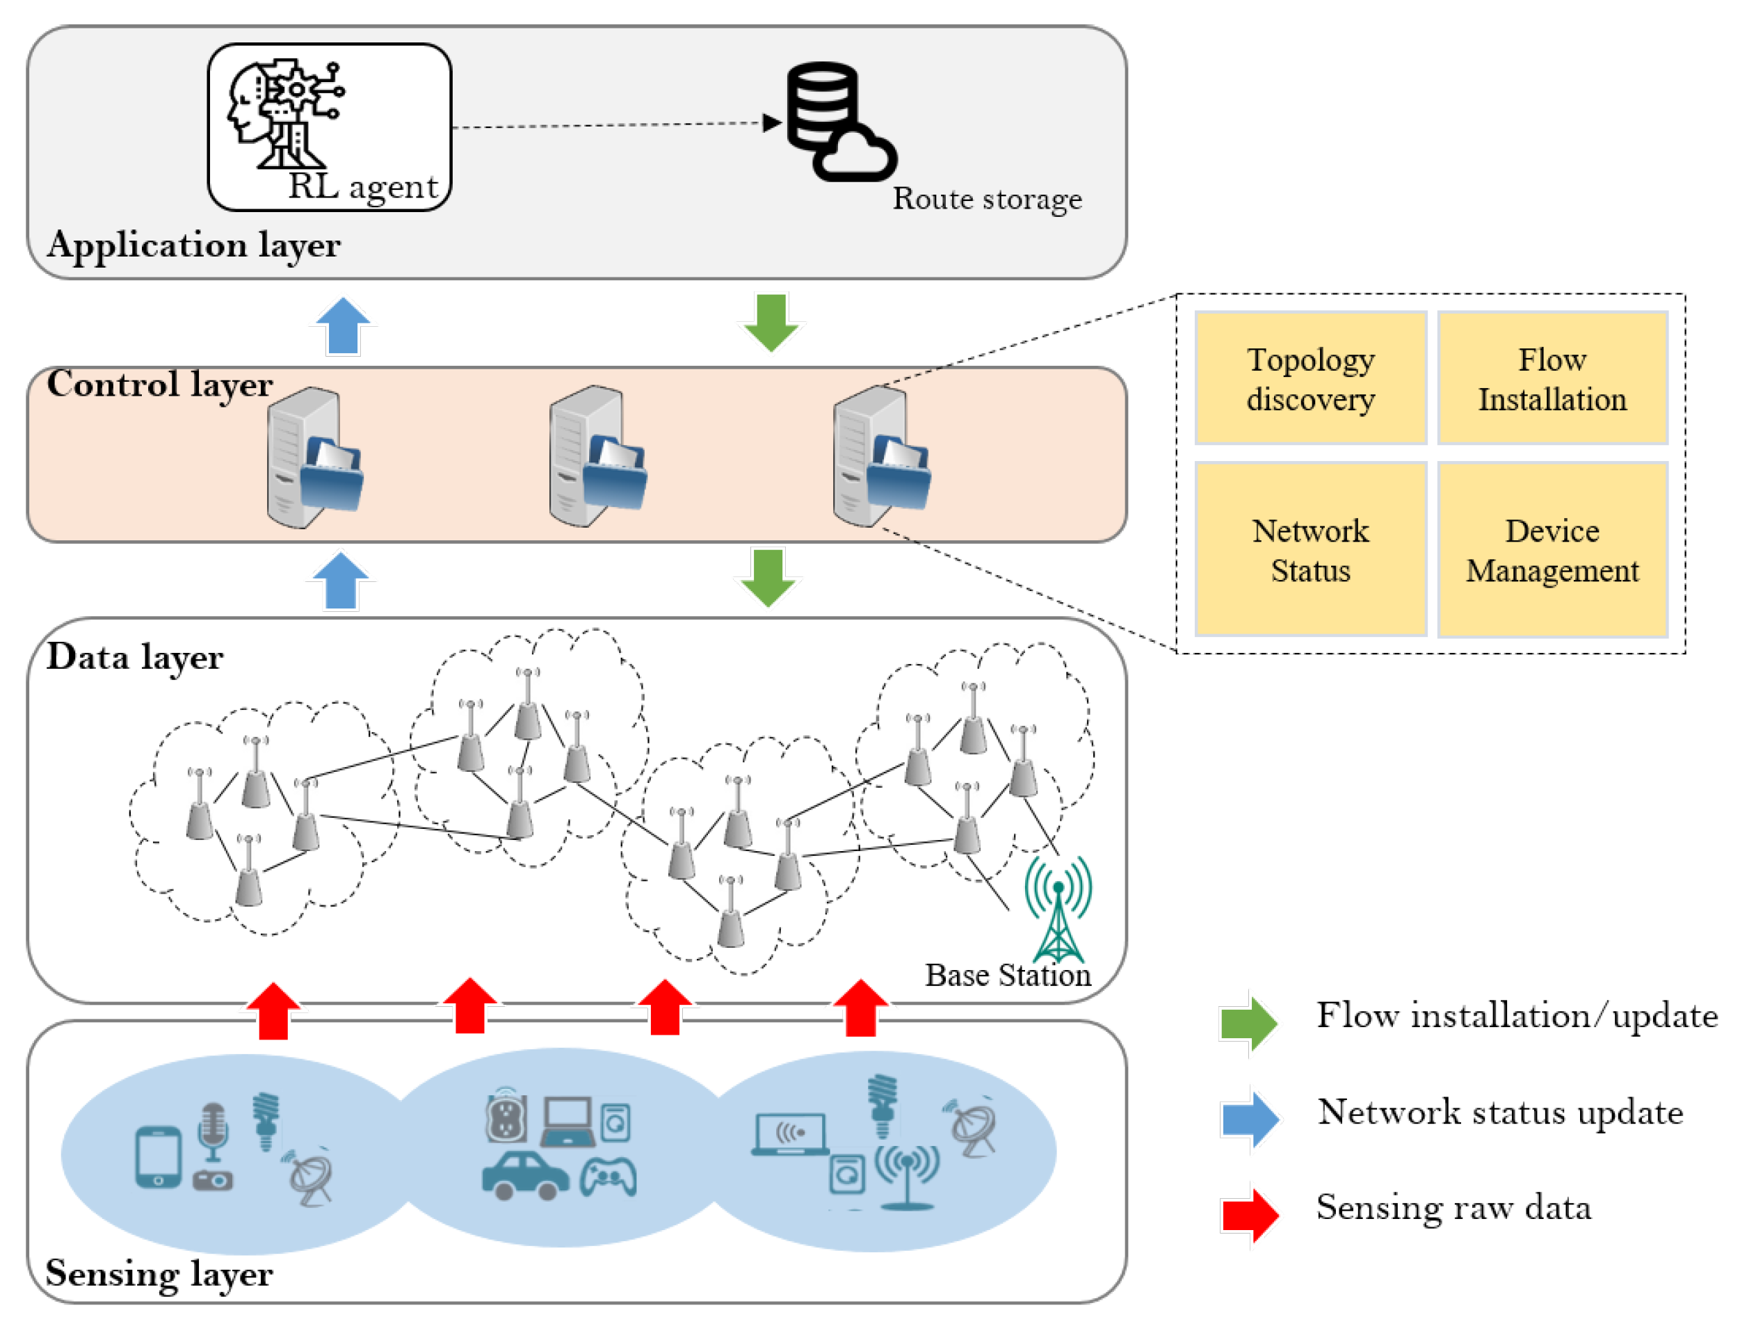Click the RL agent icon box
329,127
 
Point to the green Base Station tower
1058,909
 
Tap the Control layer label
159,384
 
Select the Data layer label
135,657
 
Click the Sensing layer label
159,1273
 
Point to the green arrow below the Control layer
767,577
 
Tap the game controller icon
608,1177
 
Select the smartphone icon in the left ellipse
158,1157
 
